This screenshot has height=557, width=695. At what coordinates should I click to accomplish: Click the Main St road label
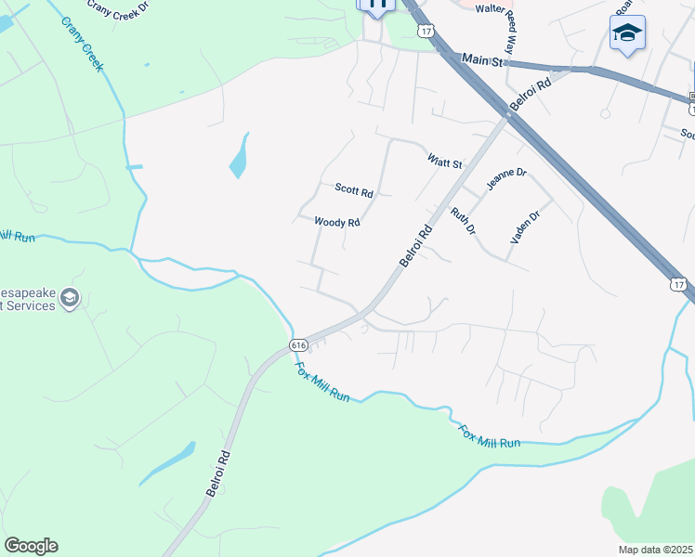(x=483, y=60)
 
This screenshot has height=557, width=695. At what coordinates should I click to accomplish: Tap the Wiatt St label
(x=444, y=162)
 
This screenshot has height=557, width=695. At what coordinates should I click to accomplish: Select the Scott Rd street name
(x=354, y=190)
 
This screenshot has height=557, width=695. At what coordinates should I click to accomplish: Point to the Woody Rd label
(x=336, y=223)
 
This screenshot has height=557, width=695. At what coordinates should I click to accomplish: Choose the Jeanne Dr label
(x=506, y=180)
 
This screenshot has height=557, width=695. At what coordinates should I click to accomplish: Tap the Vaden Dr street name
(x=524, y=227)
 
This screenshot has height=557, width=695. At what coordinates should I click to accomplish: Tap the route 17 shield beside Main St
(x=426, y=31)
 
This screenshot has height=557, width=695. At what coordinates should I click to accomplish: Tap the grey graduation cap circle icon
(x=70, y=298)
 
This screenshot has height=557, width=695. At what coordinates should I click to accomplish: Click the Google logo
(x=31, y=546)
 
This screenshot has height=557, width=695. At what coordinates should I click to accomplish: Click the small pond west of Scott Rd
(x=240, y=156)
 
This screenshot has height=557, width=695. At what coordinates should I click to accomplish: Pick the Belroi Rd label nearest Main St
(x=531, y=95)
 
